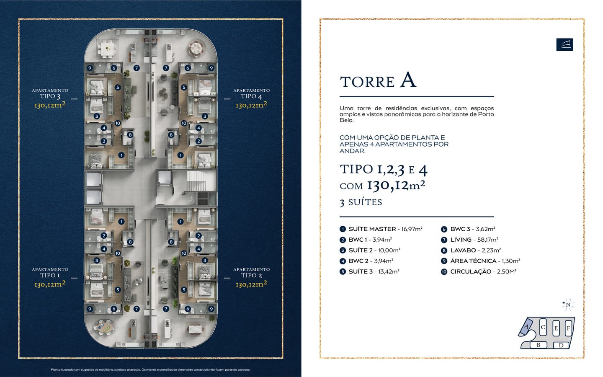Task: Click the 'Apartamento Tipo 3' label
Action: [x=50, y=98]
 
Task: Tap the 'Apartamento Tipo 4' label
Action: [x=251, y=98]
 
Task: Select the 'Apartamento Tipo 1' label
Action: [x=50, y=277]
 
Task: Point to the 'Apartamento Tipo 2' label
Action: [x=251, y=277]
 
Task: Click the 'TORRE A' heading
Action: [x=378, y=80]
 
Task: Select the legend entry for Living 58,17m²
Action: [x=474, y=240]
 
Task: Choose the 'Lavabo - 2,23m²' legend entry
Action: [x=475, y=250]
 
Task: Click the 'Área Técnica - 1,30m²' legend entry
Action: [x=484, y=261]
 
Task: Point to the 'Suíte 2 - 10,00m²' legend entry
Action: [x=374, y=250]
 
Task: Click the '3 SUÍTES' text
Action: [x=361, y=202]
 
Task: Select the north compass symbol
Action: [x=568, y=305]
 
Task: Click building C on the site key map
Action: [x=543, y=327]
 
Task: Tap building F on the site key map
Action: [x=568, y=328]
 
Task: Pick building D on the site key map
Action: [x=561, y=345]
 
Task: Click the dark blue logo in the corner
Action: [x=564, y=44]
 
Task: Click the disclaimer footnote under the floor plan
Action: [x=150, y=369]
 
